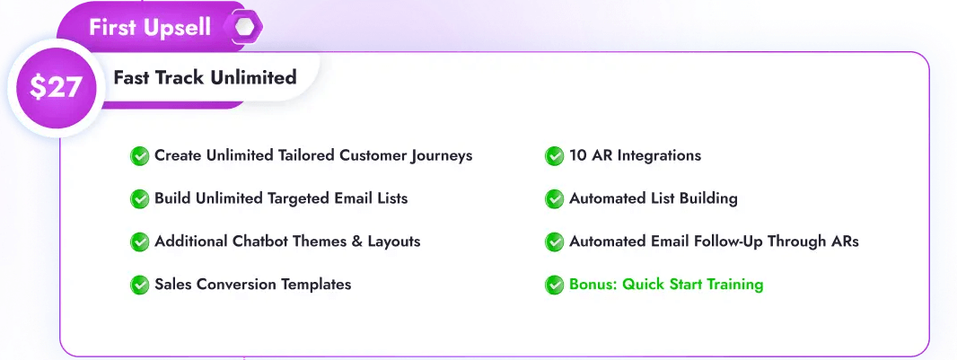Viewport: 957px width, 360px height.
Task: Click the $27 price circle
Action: pos(57,87)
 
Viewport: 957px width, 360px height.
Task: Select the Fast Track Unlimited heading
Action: pos(205,77)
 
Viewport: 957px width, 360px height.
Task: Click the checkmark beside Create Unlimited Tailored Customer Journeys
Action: pos(140,156)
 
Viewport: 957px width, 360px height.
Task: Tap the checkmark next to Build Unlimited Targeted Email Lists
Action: pos(140,198)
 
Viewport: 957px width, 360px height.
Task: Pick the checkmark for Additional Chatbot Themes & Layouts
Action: pos(140,241)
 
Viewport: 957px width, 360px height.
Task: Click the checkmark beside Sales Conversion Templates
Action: pos(140,285)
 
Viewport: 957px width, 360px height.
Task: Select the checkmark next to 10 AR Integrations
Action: pos(555,156)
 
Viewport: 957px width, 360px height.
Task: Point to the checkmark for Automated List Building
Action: pos(555,198)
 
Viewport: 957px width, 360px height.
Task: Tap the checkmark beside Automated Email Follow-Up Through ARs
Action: pos(555,241)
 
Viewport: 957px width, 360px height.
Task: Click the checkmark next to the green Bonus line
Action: pos(555,285)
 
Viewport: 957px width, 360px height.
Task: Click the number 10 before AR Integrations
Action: pos(578,155)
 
